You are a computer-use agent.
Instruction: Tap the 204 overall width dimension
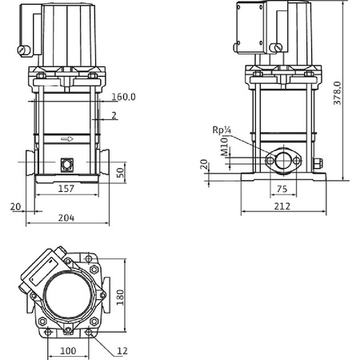pos(67,216)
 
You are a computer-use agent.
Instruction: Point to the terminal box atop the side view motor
pos(256,22)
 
